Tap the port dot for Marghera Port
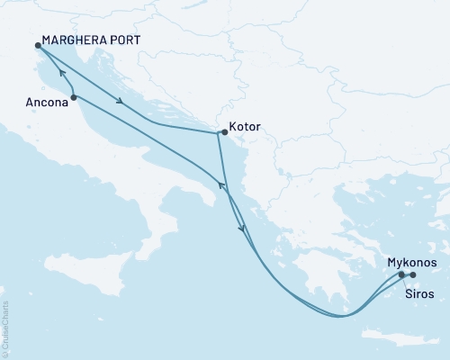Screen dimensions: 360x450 [38, 45]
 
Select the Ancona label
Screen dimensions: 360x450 [44, 103]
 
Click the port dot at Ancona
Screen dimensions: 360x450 [73, 96]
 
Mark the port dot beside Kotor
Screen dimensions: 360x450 [222, 133]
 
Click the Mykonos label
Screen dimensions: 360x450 [412, 262]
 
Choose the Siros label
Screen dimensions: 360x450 [419, 293]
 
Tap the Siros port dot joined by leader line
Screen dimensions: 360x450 [401, 274]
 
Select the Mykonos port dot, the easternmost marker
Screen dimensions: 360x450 [413, 274]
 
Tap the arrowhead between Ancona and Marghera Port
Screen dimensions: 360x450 [59, 73]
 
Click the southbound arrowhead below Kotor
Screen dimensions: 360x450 [241, 229]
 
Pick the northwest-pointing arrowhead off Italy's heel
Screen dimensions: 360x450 [217, 185]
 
